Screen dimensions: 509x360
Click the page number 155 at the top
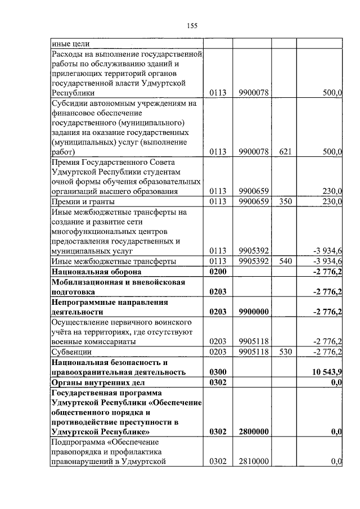pyautogui.click(x=191, y=25)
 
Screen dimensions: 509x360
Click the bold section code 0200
pyautogui.click(x=217, y=272)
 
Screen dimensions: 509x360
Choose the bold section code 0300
pyautogui.click(x=217, y=372)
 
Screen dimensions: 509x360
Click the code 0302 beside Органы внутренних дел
pyautogui.click(x=217, y=382)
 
